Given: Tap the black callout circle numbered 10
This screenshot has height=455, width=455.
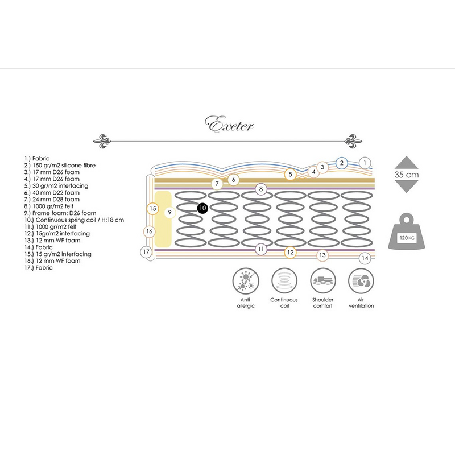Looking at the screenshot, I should [202, 208].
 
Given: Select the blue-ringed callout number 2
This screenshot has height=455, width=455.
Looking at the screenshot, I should [341, 163].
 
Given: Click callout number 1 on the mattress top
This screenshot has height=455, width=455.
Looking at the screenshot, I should [365, 163].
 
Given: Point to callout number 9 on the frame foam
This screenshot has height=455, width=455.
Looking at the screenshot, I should [169, 212].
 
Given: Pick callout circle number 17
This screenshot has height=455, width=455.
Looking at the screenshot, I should [146, 251].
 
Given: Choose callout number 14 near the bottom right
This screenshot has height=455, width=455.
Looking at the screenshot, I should [365, 258].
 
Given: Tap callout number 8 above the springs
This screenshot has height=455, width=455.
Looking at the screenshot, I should [260, 189].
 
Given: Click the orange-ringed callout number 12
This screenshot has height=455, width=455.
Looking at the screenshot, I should [290, 252].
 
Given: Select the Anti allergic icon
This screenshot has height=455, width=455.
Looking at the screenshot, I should [245, 280].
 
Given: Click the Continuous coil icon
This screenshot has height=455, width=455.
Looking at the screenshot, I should [284, 280].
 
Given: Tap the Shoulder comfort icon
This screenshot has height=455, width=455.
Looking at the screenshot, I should [322, 280].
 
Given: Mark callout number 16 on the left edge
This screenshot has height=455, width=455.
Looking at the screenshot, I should [149, 231].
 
